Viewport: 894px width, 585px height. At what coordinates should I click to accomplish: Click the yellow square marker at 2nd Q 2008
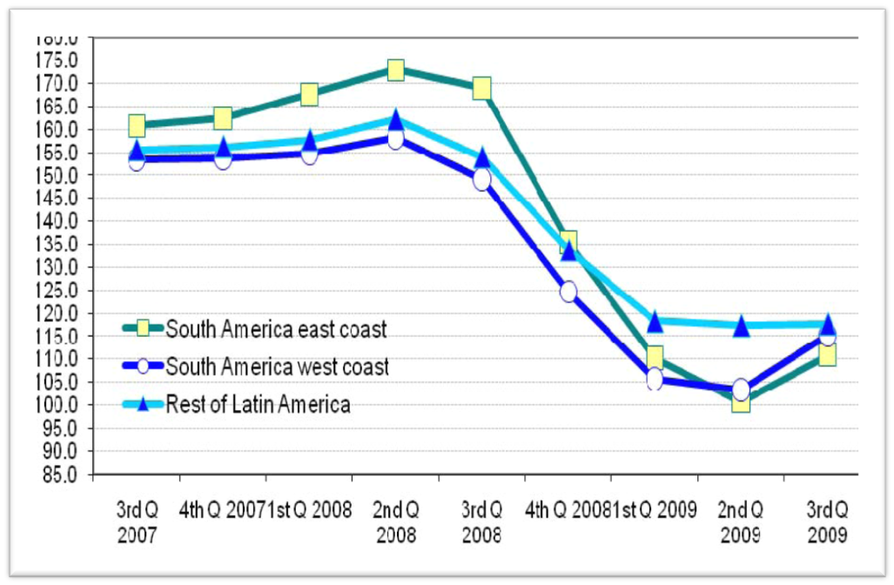coord(395,70)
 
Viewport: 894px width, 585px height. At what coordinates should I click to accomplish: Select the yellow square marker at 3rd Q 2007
coord(137,126)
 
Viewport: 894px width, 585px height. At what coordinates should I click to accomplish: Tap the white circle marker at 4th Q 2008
coord(568,291)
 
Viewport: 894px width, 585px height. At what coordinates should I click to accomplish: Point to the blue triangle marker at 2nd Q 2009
coord(741,326)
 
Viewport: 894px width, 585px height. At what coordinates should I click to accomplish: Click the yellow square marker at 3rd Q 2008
coord(481,88)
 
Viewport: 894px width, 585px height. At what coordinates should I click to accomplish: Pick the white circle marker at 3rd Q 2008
coord(481,179)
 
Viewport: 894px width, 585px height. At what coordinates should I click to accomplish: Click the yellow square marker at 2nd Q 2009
coord(741,401)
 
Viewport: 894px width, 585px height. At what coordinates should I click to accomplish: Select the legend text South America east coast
coord(276,329)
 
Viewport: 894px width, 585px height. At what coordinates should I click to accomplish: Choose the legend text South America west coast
coord(277,367)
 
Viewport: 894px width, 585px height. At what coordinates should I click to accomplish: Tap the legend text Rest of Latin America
coord(258,405)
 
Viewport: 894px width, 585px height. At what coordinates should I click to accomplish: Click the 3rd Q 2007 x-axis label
coord(137,521)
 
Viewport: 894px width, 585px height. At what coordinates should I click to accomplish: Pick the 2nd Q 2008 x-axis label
coord(395,521)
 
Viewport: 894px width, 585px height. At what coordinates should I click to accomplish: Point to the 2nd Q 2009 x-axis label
coord(741,521)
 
